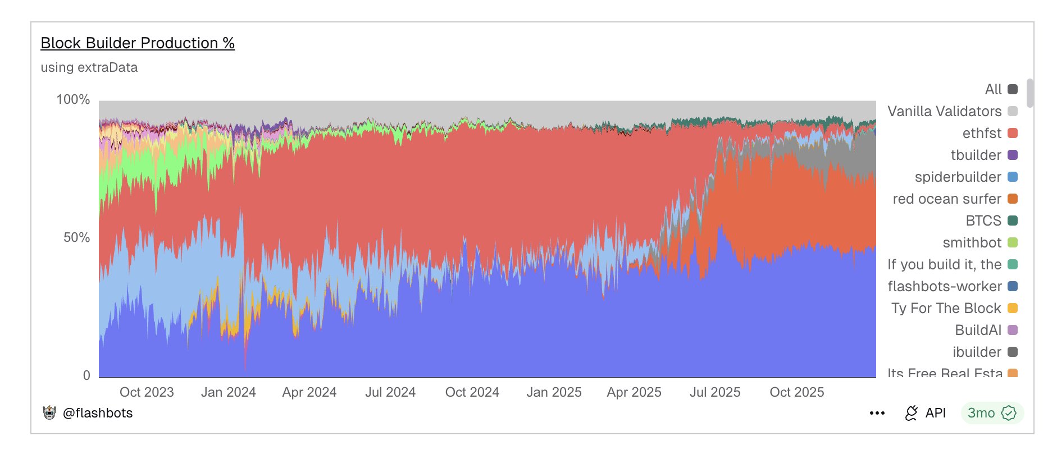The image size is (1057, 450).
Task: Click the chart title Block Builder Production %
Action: [138, 43]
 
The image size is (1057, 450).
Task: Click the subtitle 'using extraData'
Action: [89, 67]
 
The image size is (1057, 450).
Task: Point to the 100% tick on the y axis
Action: [73, 100]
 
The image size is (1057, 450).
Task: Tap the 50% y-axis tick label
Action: [76, 237]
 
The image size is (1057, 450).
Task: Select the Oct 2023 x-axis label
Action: [147, 392]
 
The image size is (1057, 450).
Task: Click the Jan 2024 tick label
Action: [228, 392]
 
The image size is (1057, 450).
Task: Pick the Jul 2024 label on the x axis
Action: [390, 392]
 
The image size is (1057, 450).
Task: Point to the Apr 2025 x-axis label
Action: [634, 392]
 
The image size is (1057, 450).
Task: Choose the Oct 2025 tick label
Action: [796, 392]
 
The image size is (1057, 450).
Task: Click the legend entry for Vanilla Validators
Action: [945, 111]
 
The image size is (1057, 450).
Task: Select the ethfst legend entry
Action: [982, 133]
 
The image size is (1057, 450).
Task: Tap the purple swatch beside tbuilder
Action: [1013, 155]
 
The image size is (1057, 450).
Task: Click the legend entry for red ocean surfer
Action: [947, 199]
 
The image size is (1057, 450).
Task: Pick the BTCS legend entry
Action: [983, 221]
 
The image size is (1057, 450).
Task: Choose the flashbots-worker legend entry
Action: [945, 286]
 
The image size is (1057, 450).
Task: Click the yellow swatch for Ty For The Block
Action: [1013, 308]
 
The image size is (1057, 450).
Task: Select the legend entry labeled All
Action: [993, 89]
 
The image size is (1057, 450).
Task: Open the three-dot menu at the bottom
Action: [877, 413]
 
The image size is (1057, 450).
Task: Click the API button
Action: [926, 413]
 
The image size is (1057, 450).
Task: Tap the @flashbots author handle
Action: [98, 413]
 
